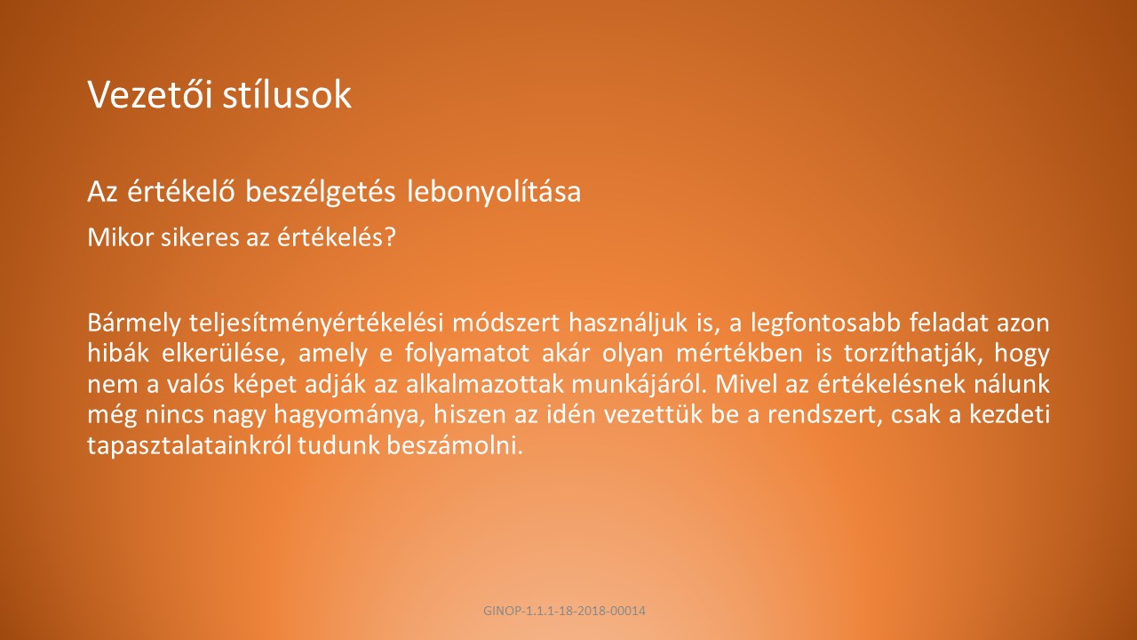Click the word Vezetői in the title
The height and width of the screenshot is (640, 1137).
click(150, 94)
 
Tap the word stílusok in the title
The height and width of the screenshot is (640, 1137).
click(287, 94)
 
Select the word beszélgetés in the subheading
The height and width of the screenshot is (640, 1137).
click(321, 192)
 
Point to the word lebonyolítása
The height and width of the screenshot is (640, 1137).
click(494, 192)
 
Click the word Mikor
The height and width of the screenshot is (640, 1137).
click(120, 237)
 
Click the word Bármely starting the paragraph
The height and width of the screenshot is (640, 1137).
click(134, 324)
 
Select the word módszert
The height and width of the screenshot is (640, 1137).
click(506, 323)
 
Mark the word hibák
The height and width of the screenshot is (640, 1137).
click(118, 353)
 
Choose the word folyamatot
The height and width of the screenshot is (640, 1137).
click(467, 354)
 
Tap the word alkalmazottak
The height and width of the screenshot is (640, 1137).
click(484, 384)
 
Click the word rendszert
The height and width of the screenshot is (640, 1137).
click(823, 414)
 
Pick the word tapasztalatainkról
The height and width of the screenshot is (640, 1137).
click(189, 445)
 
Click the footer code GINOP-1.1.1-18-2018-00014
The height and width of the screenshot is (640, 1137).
click(564, 611)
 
